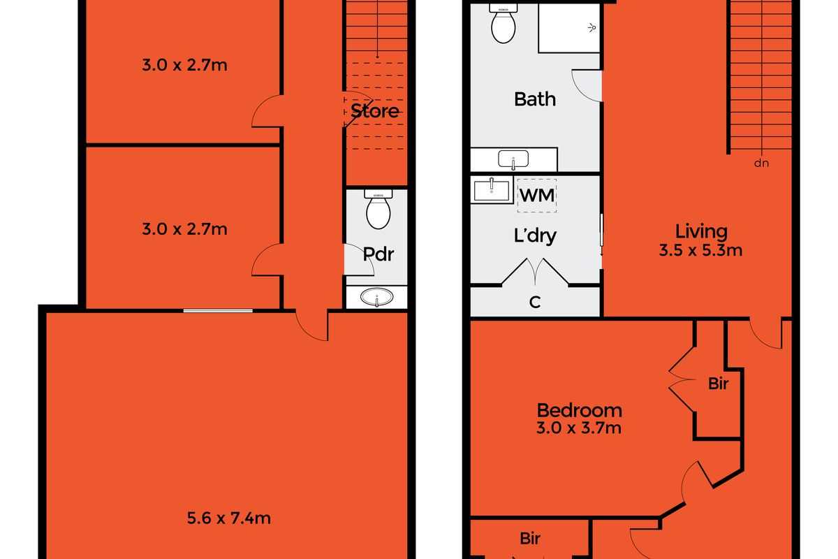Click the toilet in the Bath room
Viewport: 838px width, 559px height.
[x=503, y=24]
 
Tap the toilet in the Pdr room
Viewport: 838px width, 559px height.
[x=378, y=210]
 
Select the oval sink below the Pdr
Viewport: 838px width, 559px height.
[x=376, y=297]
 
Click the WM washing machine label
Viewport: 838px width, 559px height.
[x=537, y=196]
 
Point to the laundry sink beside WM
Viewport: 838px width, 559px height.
[x=492, y=190]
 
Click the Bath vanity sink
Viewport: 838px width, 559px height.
[x=513, y=159]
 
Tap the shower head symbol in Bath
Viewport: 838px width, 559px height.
[x=592, y=28]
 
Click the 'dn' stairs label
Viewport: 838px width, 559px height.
[x=761, y=164]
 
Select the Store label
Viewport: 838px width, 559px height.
[x=375, y=111]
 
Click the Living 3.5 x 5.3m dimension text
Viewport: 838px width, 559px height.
[x=700, y=250]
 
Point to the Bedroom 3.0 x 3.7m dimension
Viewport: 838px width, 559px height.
[x=579, y=428]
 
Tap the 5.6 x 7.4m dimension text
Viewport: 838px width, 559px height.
[x=228, y=518]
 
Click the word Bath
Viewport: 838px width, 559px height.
[x=535, y=99]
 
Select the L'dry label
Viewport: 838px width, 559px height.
[x=535, y=236]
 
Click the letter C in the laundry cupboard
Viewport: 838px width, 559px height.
[x=535, y=302]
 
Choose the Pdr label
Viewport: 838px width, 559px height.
[x=378, y=254]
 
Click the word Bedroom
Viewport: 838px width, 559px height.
[x=580, y=410]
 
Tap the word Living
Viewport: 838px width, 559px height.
[x=701, y=232]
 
